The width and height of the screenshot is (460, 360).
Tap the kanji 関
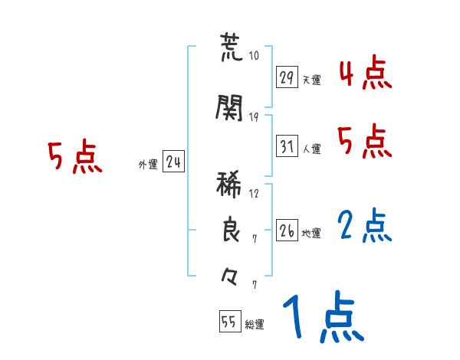tap(230, 109)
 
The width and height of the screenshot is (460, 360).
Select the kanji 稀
tap(230, 186)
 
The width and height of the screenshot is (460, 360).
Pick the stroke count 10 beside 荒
tap(255, 56)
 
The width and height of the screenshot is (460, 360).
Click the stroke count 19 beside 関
tap(255, 116)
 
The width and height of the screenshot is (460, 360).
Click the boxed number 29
tap(287, 77)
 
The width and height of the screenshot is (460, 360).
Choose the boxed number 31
tap(287, 146)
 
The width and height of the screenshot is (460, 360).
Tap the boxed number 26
tap(287, 231)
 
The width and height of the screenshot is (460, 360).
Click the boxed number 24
tap(173, 162)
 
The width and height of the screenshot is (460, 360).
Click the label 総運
tap(255, 324)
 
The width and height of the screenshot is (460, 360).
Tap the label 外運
tap(147, 164)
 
